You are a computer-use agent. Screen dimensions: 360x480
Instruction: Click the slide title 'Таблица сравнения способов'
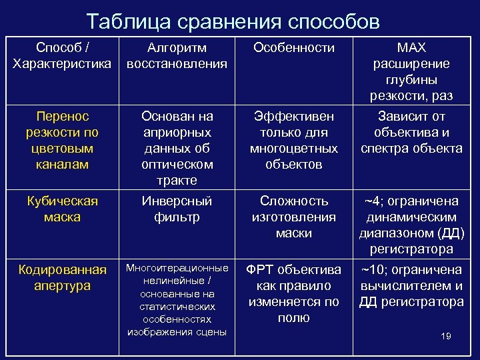[233, 21]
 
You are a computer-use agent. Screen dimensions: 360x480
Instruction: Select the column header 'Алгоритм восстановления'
[177, 56]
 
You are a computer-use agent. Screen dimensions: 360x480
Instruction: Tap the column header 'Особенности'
[294, 49]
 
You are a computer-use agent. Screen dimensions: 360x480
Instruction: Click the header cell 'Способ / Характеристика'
[63, 56]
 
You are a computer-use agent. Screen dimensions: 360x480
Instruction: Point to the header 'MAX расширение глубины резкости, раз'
[411, 72]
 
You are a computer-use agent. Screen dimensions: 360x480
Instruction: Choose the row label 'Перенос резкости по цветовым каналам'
[63, 140]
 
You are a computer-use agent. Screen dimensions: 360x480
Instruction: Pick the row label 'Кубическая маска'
[63, 209]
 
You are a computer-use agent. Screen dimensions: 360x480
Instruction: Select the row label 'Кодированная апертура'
[63, 277]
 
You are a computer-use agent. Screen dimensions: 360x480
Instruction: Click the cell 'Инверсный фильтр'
[177, 209]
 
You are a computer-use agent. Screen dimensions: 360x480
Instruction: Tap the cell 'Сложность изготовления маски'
[294, 217]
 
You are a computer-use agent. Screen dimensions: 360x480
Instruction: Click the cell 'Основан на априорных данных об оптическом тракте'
[177, 148]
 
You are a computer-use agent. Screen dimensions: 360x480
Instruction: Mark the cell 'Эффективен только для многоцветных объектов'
[294, 140]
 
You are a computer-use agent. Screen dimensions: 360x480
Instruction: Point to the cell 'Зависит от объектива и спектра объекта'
[411, 132]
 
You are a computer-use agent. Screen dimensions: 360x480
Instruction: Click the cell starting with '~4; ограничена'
[411, 225]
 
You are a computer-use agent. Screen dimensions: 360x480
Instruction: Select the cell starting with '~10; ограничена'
[411, 285]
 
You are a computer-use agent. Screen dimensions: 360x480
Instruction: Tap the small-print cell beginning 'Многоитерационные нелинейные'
[177, 299]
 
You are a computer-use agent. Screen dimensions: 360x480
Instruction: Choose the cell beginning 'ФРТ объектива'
[294, 293]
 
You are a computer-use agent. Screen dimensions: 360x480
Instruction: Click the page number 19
[446, 336]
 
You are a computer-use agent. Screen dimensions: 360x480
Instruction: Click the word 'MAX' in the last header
[411, 49]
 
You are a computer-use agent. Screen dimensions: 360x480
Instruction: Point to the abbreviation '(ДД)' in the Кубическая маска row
[449, 233]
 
